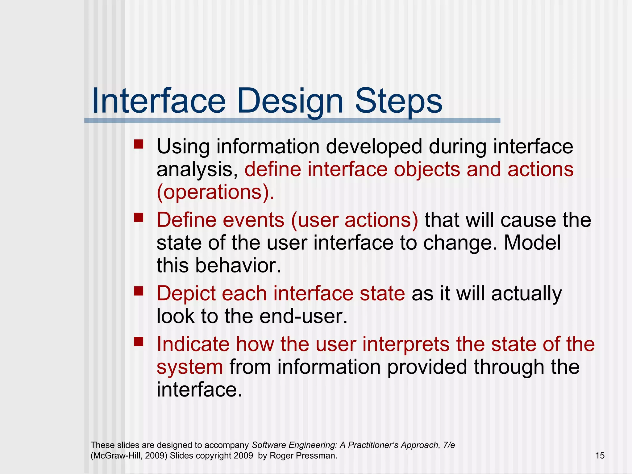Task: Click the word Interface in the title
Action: pyautogui.click(x=159, y=101)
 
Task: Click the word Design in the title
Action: pyautogui.click(x=290, y=101)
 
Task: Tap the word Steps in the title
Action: pyautogui.click(x=399, y=101)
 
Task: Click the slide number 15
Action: pyautogui.click(x=600, y=455)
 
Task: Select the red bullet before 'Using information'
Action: pyautogui.click(x=139, y=144)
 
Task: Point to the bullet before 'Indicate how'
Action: pyautogui.click(x=139, y=342)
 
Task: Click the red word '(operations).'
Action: pyautogui.click(x=215, y=192)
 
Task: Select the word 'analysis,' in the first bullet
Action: pyautogui.click(x=197, y=169)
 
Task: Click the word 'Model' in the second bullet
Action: pyautogui.click(x=532, y=243)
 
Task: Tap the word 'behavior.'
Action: pyautogui.click(x=238, y=265)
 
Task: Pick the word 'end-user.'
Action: pyautogui.click(x=303, y=316)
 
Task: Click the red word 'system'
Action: pyautogui.click(x=189, y=367)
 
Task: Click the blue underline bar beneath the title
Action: pyautogui.click(x=292, y=121)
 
